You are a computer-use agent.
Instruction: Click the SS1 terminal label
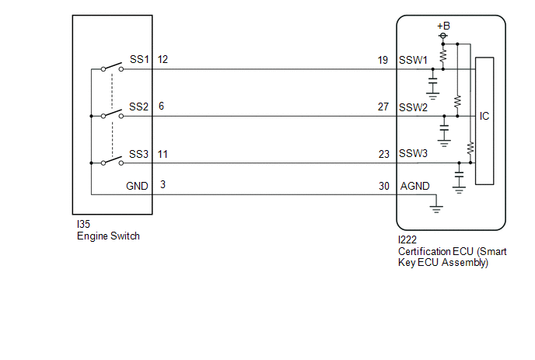point(139,59)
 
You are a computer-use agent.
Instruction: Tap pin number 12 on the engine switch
point(163,59)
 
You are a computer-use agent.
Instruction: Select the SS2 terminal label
point(139,107)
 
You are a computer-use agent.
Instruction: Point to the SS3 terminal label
point(139,154)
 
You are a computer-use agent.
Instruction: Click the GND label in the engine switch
point(137,186)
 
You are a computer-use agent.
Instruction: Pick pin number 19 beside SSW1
point(383,61)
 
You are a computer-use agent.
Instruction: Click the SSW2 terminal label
point(413,107)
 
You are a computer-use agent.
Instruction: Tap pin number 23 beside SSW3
point(384,154)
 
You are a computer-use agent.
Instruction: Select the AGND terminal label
point(415,186)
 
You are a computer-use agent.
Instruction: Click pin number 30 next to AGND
point(384,186)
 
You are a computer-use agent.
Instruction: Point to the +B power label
point(443,26)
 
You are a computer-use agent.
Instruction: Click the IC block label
point(484,117)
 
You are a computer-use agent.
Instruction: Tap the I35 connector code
point(84,224)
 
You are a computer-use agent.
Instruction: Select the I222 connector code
point(407,239)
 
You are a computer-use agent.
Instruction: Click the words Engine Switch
point(109,236)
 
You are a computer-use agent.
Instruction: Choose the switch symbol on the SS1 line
point(112,67)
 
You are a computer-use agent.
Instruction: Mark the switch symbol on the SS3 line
point(112,161)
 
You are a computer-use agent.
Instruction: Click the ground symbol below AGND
point(436,209)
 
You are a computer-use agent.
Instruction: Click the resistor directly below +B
point(443,56)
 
